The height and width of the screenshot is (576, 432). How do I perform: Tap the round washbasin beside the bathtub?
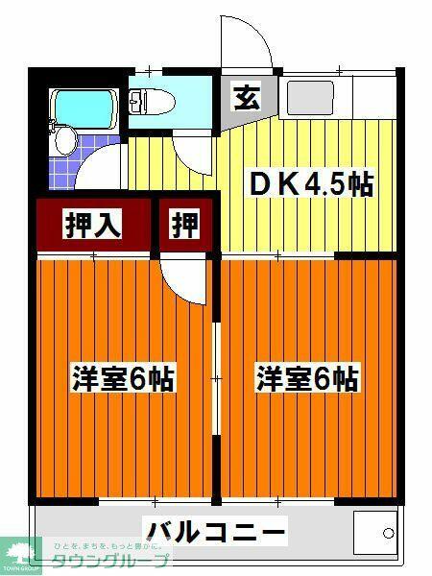point(64,141)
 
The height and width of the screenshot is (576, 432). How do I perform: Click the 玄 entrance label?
point(246,97)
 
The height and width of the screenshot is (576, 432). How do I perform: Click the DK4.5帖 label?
point(310,184)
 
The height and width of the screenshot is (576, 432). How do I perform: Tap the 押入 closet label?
point(92,224)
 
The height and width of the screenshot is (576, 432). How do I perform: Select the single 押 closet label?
point(185,224)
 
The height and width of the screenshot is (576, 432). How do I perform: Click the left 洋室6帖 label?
point(122,378)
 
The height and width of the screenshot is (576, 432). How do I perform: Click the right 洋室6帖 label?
point(306,378)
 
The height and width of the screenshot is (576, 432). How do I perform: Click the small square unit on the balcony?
point(374,530)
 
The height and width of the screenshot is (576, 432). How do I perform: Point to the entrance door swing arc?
point(248,43)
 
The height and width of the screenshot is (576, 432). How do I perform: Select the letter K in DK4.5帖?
point(285,184)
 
